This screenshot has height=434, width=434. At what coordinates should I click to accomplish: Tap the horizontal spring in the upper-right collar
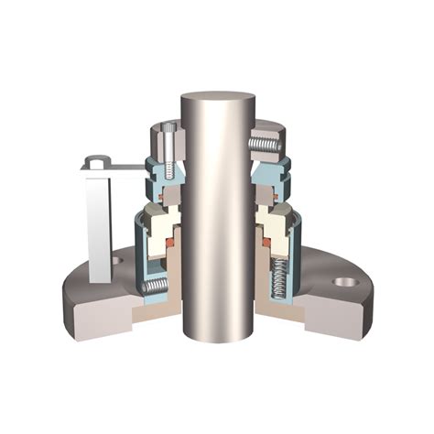pyautogui.click(x=264, y=144)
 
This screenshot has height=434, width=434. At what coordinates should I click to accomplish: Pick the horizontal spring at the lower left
pyautogui.click(x=157, y=288)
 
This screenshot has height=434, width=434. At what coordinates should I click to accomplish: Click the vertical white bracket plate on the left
pyautogui.click(x=98, y=220)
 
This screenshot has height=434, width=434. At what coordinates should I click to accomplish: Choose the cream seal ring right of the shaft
pyautogui.click(x=273, y=222)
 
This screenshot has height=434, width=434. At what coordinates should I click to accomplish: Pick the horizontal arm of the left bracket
pyautogui.click(x=119, y=166)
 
